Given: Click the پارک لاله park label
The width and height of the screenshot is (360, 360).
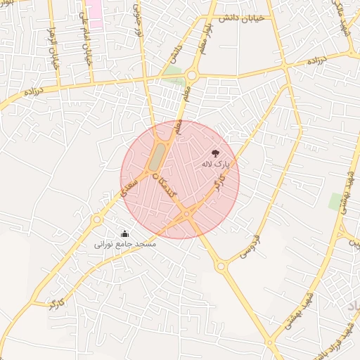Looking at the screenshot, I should pos(215,164).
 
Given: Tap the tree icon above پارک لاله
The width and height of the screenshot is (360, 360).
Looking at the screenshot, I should pos(215,153).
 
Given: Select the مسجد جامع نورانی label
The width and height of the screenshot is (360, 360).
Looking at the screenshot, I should pos(125,245).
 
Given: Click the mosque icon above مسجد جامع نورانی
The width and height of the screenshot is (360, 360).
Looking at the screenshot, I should pos(125,233).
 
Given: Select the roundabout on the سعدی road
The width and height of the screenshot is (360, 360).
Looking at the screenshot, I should pos(96,220).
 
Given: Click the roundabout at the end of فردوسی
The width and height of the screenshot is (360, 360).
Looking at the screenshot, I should pos(221,266).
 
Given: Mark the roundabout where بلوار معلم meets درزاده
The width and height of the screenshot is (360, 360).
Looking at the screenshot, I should pos(191,75).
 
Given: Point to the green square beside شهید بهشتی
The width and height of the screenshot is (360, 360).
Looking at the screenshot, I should pos(336,202).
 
